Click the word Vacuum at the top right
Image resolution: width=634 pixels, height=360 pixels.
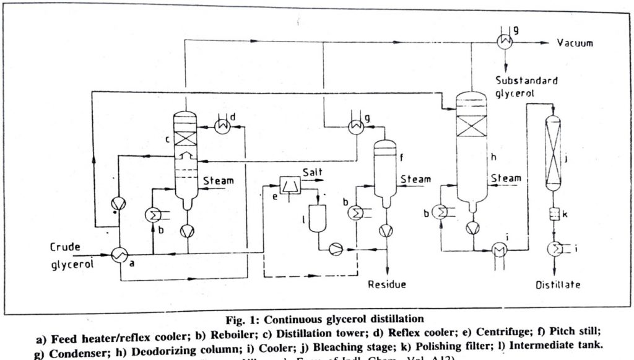tap(576, 43)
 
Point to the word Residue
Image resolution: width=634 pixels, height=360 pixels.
tap(387, 285)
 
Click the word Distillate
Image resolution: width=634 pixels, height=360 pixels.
tap(557, 286)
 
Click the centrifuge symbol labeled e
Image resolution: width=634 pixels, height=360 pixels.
tap(289, 185)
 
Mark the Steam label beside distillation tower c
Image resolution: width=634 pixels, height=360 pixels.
tap(219, 180)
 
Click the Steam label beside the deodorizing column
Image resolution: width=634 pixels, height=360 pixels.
tap(505, 179)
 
